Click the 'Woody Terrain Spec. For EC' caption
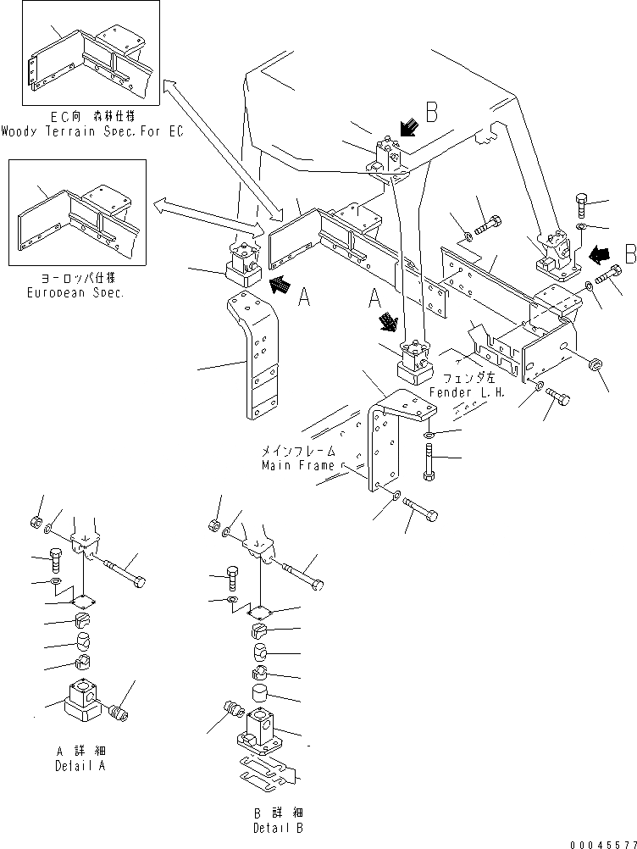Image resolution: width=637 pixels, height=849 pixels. coord(91,131)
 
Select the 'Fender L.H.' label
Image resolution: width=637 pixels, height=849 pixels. coord(461,392)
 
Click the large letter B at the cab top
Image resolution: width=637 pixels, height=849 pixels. coord(431,111)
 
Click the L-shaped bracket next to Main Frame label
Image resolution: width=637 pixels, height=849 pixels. coord(385,441)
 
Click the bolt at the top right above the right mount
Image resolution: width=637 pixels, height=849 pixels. coord(584,205)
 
